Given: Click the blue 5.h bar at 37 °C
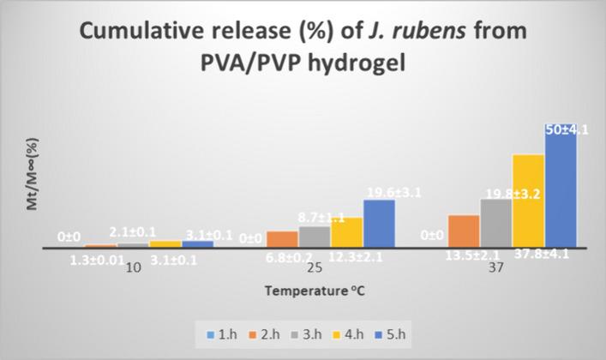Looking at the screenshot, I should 561,189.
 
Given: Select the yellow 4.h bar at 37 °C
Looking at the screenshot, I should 528,201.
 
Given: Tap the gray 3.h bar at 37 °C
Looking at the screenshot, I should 495,224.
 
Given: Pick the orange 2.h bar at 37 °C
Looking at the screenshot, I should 464,231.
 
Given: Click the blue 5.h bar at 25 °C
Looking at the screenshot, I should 379,224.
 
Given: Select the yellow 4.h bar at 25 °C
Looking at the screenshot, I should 347,232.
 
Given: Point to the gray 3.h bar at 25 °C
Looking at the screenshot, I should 315,237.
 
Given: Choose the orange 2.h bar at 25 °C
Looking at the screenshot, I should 282,239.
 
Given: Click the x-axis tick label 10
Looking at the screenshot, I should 134,269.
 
